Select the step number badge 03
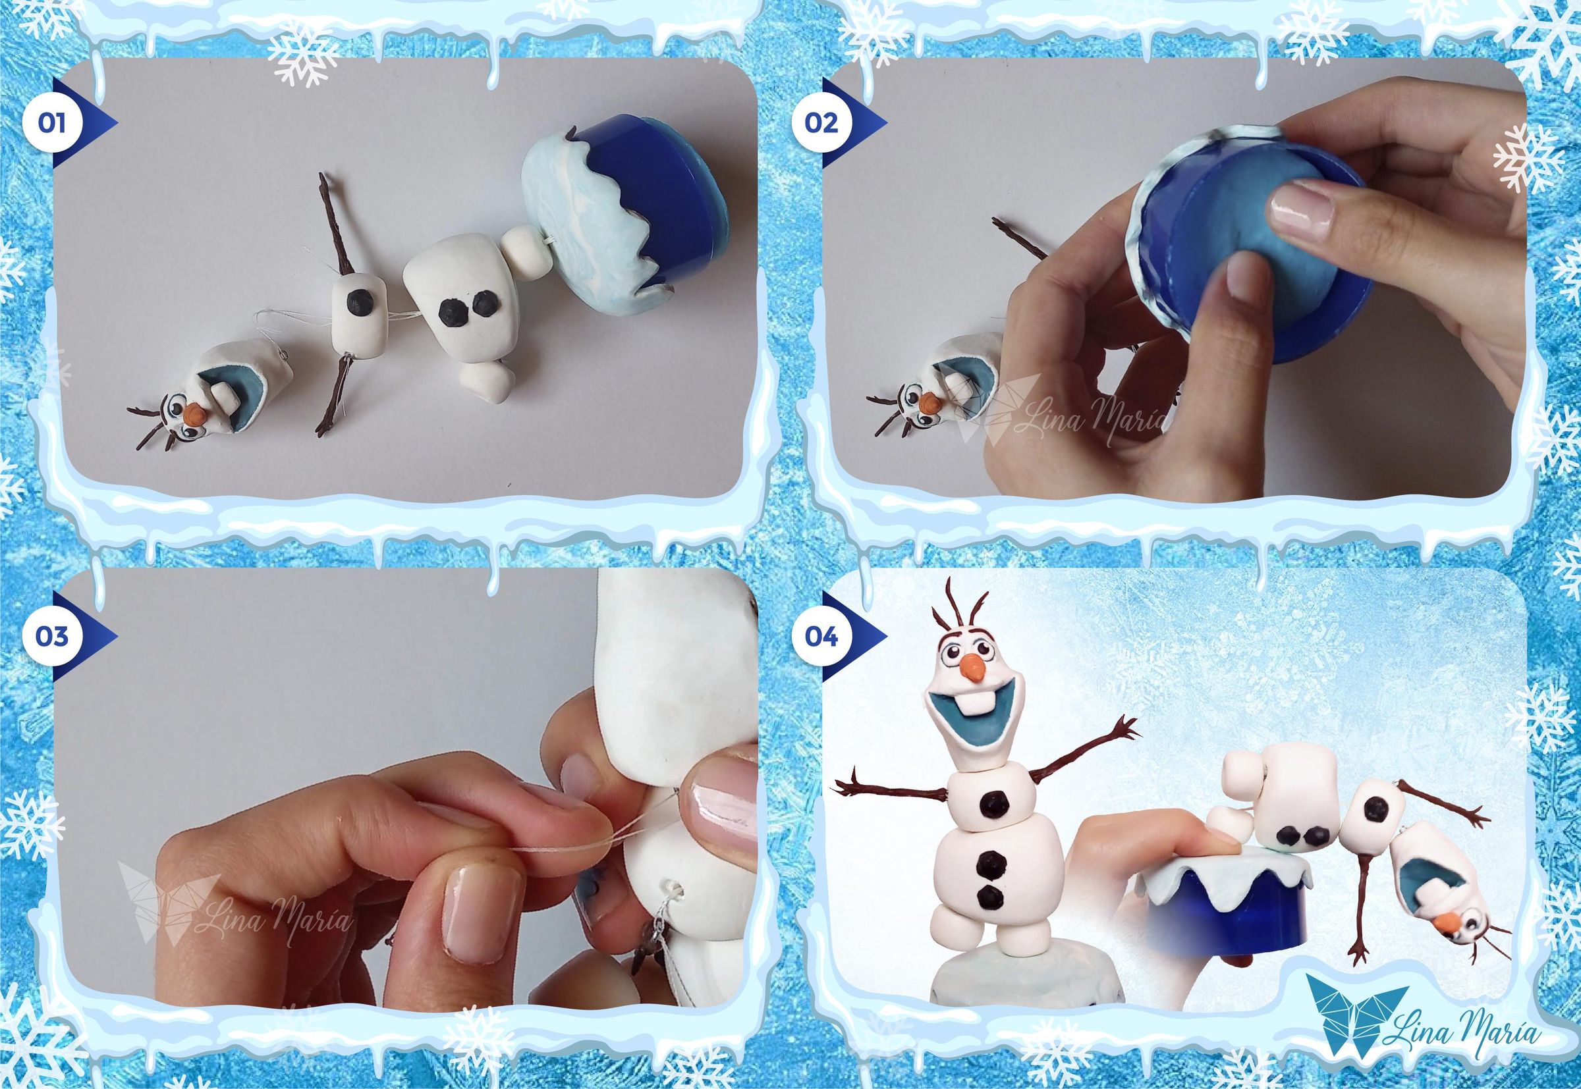[x=53, y=636]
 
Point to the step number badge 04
[x=821, y=637]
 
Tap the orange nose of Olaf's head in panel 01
[x=194, y=412]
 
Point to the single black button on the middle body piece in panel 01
[x=358, y=301]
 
